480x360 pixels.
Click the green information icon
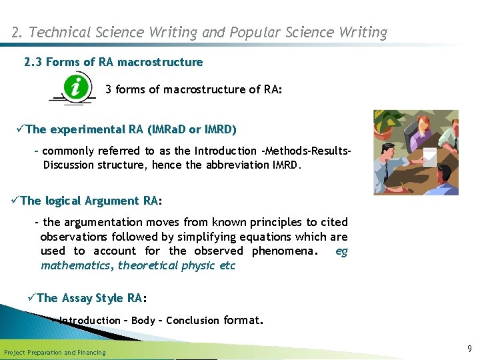tap(78, 87)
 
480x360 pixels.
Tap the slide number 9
tap(469, 348)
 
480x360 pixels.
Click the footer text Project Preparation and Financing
tap(55, 353)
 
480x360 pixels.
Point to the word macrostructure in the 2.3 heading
tap(160, 62)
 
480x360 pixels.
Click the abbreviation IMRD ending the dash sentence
tap(285, 165)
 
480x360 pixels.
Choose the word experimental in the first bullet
tap(85, 129)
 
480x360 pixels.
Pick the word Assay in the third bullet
tap(78, 298)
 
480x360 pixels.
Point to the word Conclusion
tap(193, 321)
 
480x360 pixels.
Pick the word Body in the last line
tap(143, 321)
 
